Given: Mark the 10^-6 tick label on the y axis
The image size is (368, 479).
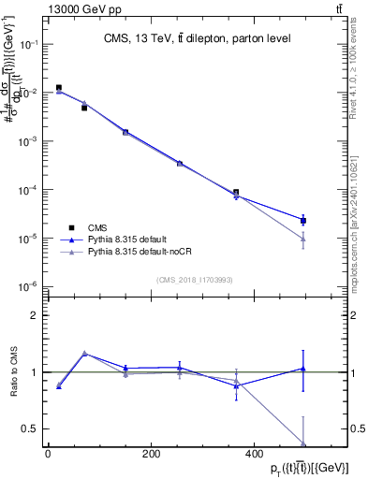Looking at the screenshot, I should point(30,286).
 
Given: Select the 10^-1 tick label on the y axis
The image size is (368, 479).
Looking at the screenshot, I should point(30,44).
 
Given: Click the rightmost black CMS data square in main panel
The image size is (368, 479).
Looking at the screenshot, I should point(303,221).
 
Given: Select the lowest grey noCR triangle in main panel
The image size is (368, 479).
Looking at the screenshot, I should point(303,239).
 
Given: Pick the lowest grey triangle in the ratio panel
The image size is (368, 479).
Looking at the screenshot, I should point(303,443).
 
